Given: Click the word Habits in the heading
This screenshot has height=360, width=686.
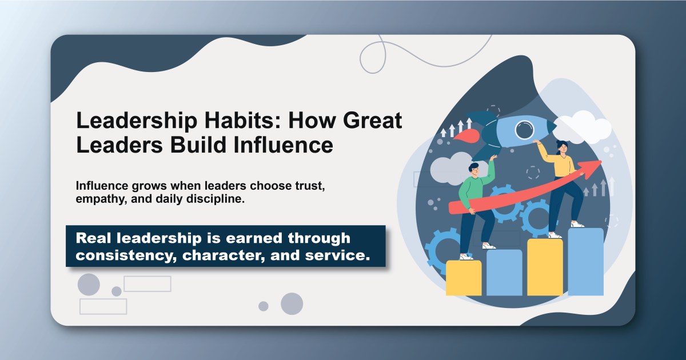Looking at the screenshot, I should [x=210, y=122].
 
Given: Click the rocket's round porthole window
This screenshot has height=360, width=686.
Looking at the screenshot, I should [x=523, y=130].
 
